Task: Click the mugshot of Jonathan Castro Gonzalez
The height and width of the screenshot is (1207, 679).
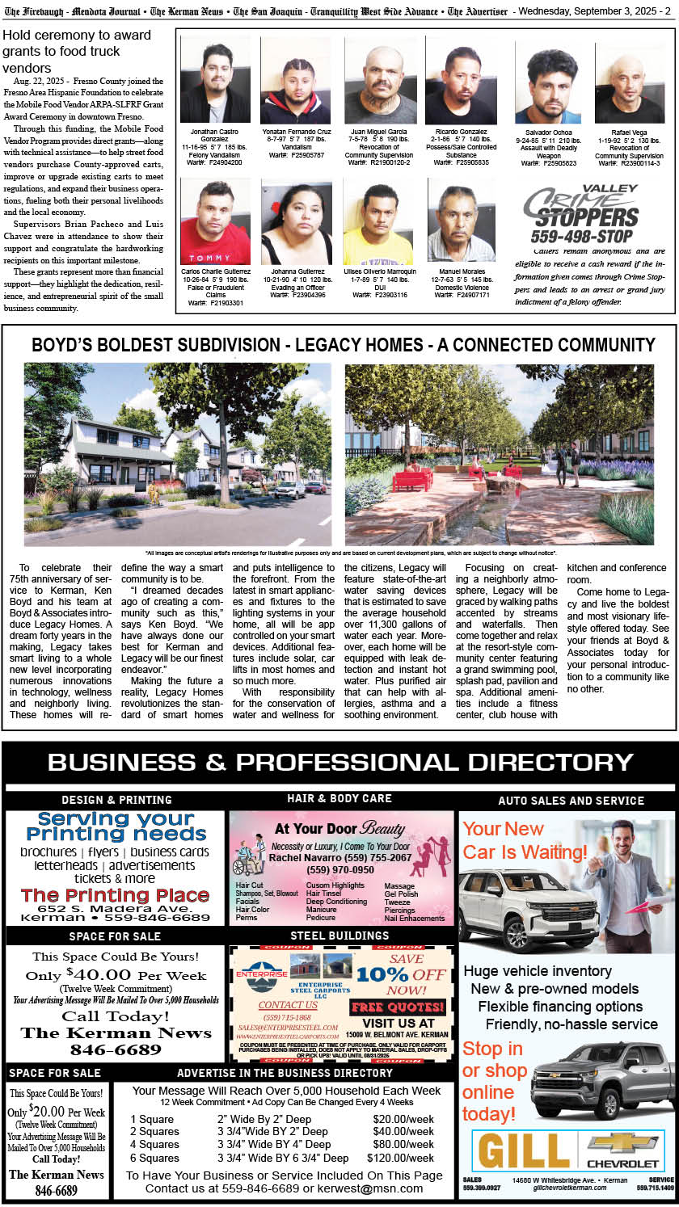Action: click(215, 80)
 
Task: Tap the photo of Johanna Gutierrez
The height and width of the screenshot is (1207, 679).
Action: click(297, 222)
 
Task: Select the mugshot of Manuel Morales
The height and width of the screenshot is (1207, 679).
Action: click(461, 221)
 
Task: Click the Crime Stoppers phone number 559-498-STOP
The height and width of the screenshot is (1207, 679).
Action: click(581, 237)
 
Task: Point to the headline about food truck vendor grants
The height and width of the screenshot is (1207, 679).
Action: click(77, 52)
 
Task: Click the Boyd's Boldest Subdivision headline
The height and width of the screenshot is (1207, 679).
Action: click(343, 345)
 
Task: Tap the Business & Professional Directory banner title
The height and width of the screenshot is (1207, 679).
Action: click(339, 762)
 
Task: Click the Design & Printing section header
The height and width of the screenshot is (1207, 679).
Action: click(116, 800)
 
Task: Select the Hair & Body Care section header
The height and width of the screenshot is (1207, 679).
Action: click(339, 798)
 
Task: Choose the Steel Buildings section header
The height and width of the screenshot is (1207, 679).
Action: click(339, 936)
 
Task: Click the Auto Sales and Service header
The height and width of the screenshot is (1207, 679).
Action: click(571, 801)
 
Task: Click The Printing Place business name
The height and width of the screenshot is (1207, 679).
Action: click(116, 895)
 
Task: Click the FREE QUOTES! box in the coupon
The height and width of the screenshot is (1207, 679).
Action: click(398, 1007)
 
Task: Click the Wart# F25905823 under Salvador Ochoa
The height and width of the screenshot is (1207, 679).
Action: click(548, 163)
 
